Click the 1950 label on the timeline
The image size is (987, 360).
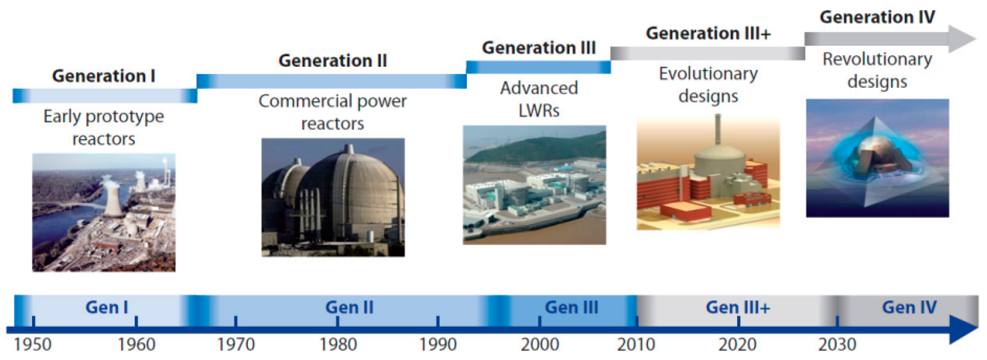click(x=33, y=344)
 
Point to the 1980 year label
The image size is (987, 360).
click(x=338, y=344)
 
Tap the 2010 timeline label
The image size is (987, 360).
click(x=636, y=344)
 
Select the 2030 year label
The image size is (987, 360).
click(x=837, y=344)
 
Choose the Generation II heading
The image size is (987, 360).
click(x=333, y=61)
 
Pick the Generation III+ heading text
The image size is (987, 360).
click(x=708, y=33)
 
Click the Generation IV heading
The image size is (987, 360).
click(x=877, y=17)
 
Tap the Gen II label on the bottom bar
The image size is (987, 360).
click(x=349, y=307)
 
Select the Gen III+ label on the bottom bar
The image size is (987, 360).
click(x=738, y=307)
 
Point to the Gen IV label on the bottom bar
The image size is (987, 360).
click(x=910, y=307)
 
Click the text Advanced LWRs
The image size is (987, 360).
click(x=539, y=99)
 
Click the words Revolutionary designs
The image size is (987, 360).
click(x=877, y=70)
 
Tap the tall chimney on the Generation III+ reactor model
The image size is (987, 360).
click(x=718, y=130)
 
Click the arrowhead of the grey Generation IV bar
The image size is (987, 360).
click(x=962, y=39)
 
